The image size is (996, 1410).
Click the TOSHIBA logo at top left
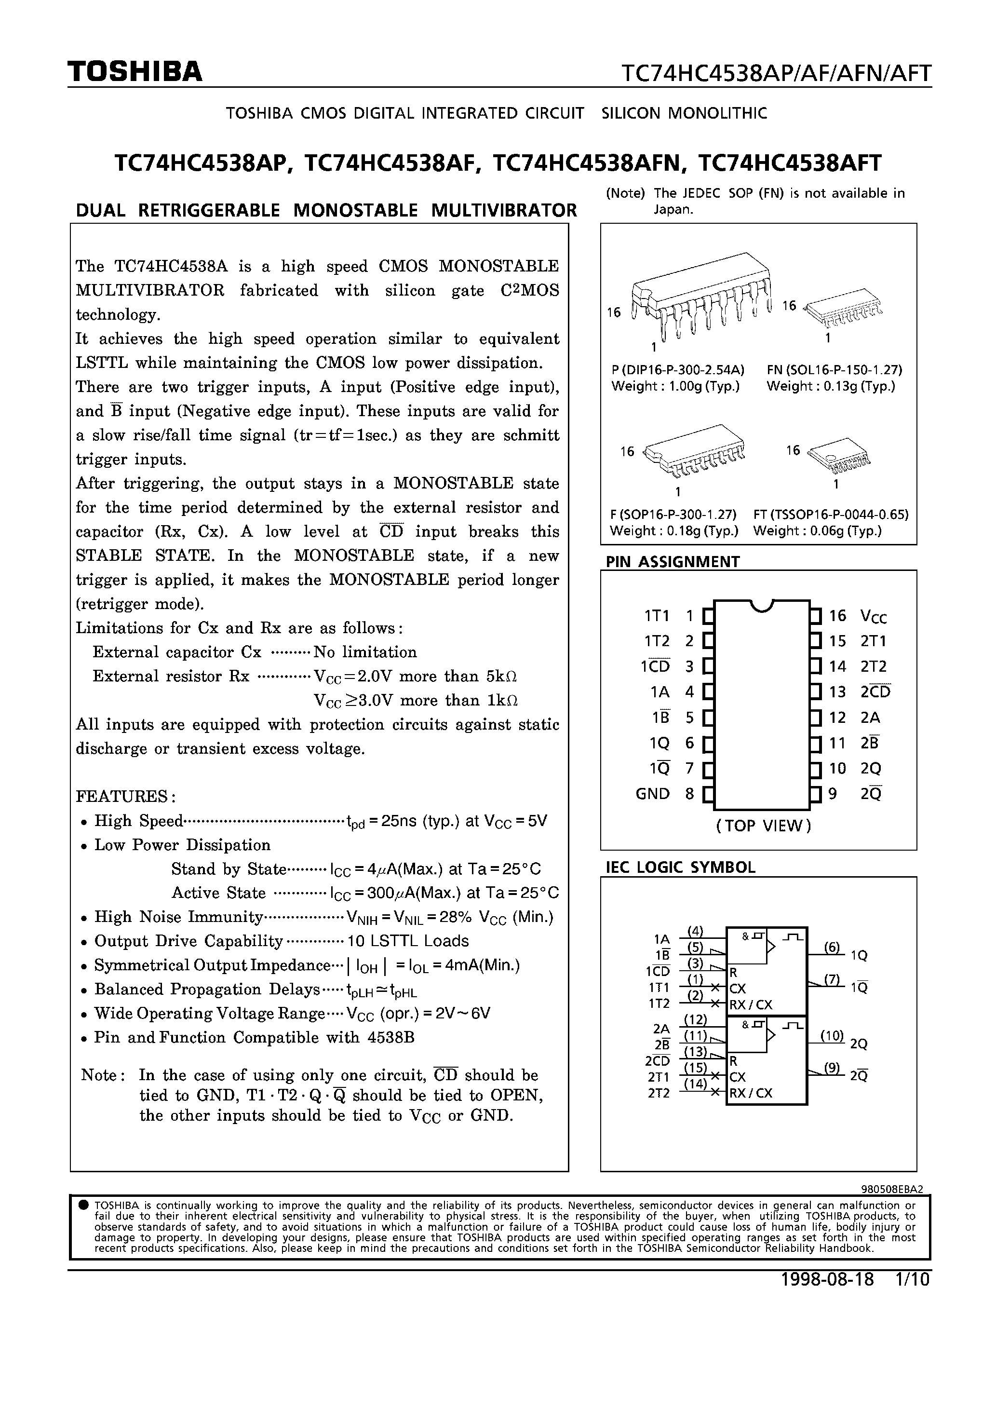tap(135, 72)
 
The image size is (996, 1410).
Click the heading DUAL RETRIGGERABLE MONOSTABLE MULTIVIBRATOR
tap(326, 210)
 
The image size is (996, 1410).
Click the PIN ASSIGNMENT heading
tap(673, 561)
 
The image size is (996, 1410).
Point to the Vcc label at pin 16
tap(873, 617)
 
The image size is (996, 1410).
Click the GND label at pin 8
tap(652, 793)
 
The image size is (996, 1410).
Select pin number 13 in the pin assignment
tap(837, 691)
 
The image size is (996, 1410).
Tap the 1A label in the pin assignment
tap(660, 692)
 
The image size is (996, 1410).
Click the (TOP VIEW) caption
tap(763, 826)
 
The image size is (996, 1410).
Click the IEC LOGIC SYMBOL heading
tap(680, 867)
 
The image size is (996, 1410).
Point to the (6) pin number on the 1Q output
tap(832, 947)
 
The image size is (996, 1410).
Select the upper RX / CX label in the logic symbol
tap(751, 1004)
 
